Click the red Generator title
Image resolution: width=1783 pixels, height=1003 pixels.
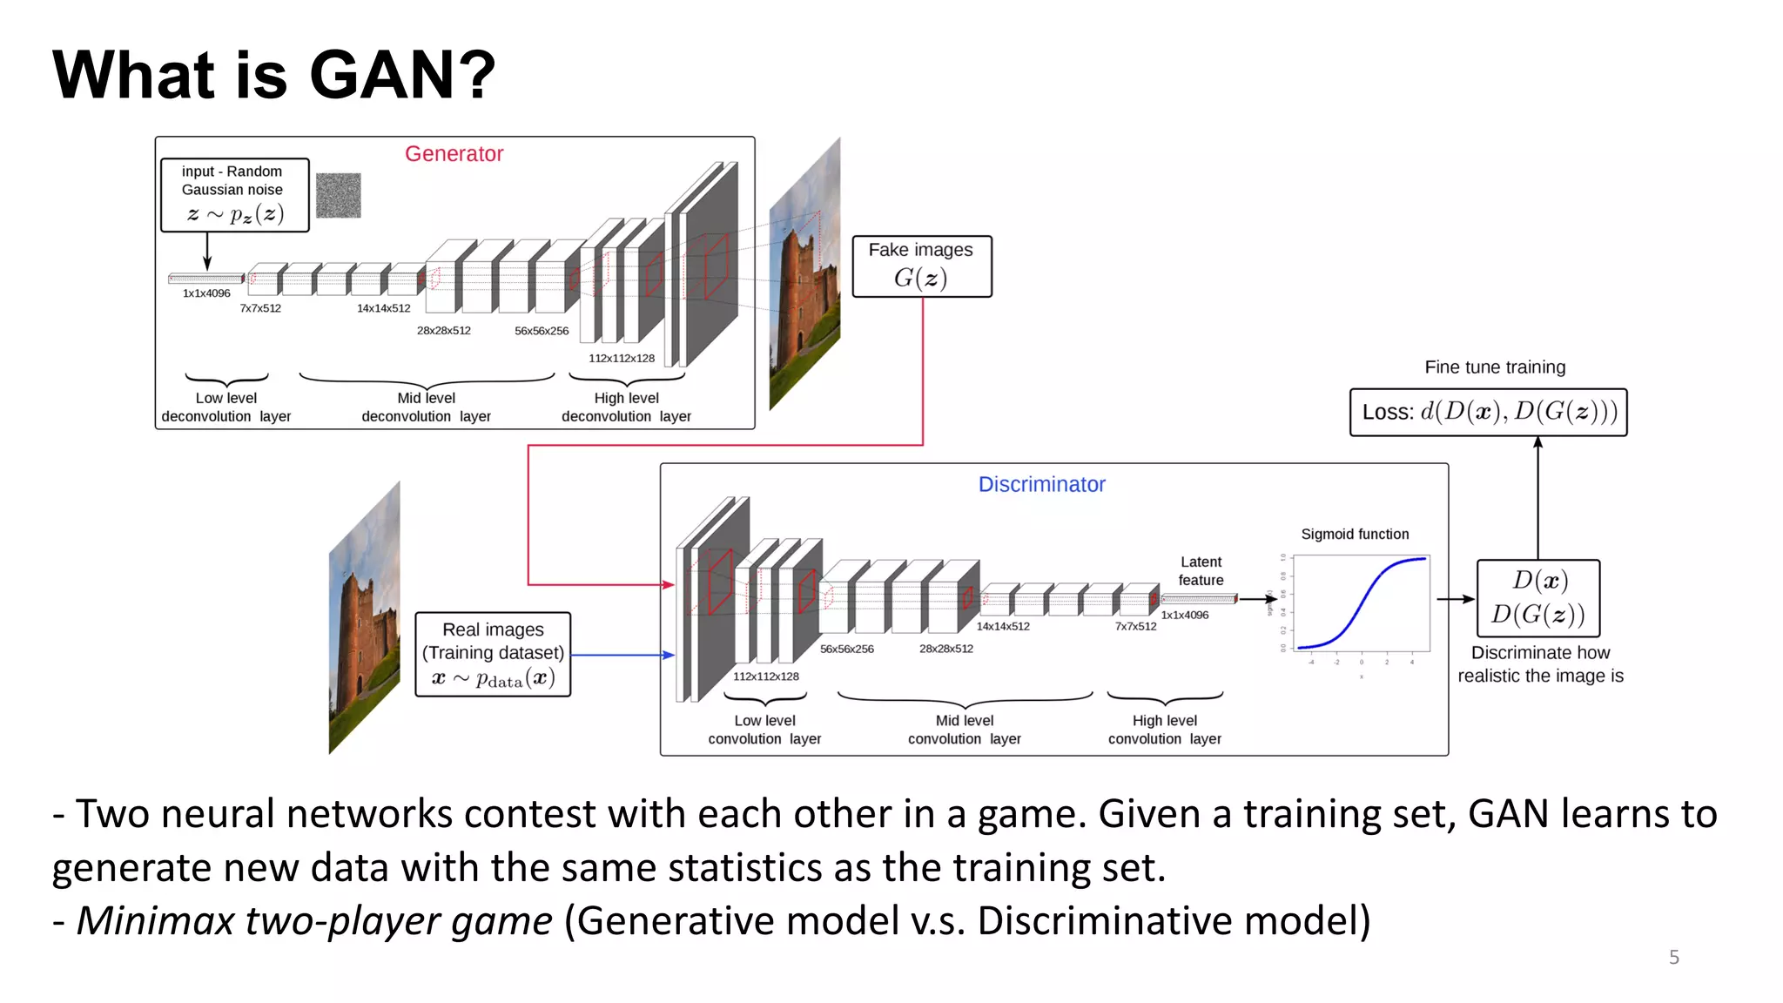tap(454, 154)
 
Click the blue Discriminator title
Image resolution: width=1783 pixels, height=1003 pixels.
tap(1041, 485)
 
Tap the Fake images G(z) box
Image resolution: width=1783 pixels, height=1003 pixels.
tap(921, 266)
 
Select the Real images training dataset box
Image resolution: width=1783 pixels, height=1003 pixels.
tap(493, 654)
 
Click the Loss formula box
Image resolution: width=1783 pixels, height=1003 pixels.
tap(1488, 412)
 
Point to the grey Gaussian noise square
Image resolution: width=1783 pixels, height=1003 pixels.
tap(338, 195)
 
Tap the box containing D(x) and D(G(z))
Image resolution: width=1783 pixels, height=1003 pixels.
tap(1538, 598)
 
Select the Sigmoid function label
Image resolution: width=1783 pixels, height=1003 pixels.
tap(1355, 535)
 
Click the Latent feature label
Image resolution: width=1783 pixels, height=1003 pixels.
tap(1201, 571)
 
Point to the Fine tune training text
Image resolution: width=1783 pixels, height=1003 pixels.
tap(1495, 367)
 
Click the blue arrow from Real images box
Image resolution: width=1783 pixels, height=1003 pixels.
tap(622, 655)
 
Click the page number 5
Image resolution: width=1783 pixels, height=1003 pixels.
tap(1673, 957)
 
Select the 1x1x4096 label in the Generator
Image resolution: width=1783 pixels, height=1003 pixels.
tap(206, 293)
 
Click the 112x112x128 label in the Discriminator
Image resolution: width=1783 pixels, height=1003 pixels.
tap(765, 677)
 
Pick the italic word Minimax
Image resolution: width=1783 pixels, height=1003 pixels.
tap(156, 921)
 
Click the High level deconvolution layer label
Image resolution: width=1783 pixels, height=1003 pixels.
tap(626, 407)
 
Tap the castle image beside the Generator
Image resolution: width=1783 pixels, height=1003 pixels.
tap(804, 279)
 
